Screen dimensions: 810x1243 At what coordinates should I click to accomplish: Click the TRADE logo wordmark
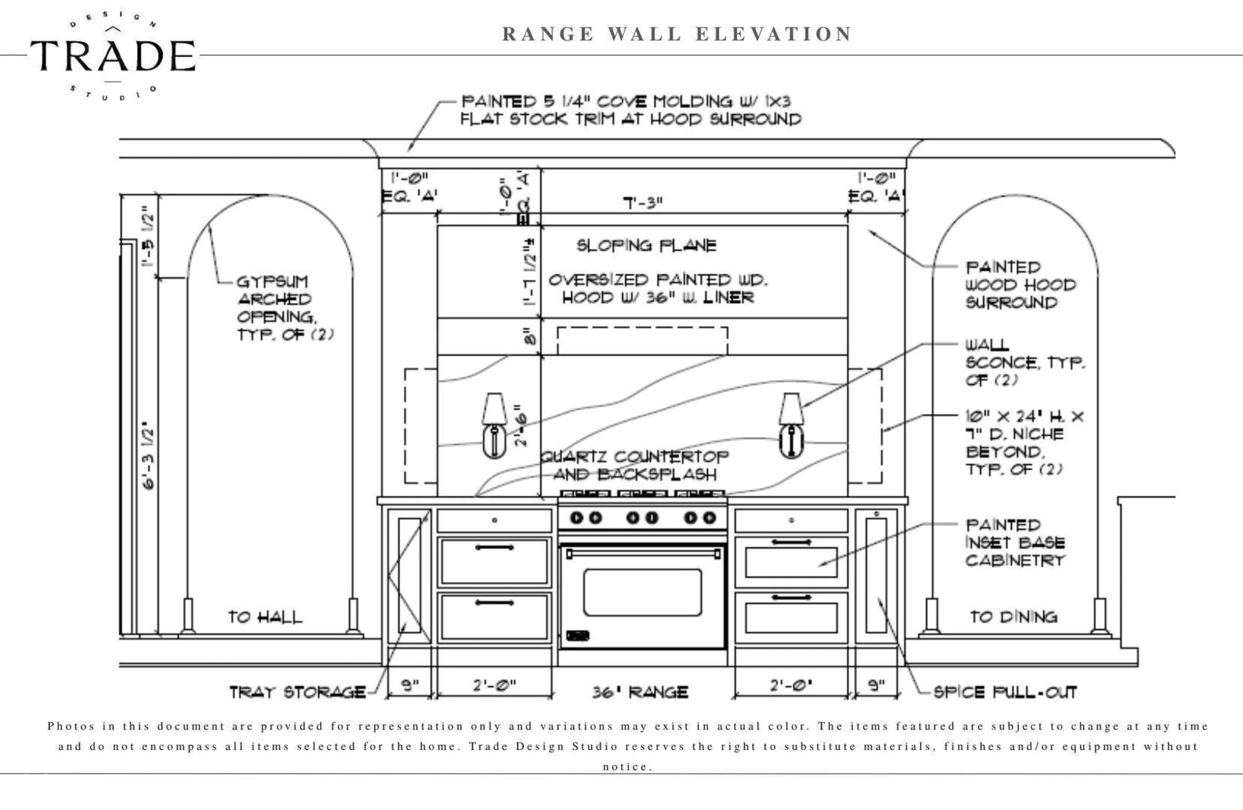click(113, 56)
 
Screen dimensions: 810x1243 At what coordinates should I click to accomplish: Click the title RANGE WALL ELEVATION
click(677, 34)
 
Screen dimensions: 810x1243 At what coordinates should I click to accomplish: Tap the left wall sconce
click(494, 426)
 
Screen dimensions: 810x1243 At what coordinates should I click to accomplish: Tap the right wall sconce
click(791, 426)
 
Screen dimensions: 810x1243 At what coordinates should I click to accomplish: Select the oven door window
click(643, 592)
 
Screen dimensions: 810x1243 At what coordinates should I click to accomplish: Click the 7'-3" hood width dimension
click(643, 203)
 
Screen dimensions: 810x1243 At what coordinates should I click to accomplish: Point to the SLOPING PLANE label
click(647, 245)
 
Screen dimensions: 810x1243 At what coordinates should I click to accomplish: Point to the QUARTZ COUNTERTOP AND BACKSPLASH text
click(634, 465)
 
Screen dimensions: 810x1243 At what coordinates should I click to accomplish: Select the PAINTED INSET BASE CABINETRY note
click(1015, 543)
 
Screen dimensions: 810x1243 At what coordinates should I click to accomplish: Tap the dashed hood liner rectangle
click(643, 341)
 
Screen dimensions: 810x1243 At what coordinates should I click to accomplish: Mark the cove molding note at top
click(630, 110)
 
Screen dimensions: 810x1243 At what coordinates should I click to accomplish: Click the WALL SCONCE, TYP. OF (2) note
click(1024, 362)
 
